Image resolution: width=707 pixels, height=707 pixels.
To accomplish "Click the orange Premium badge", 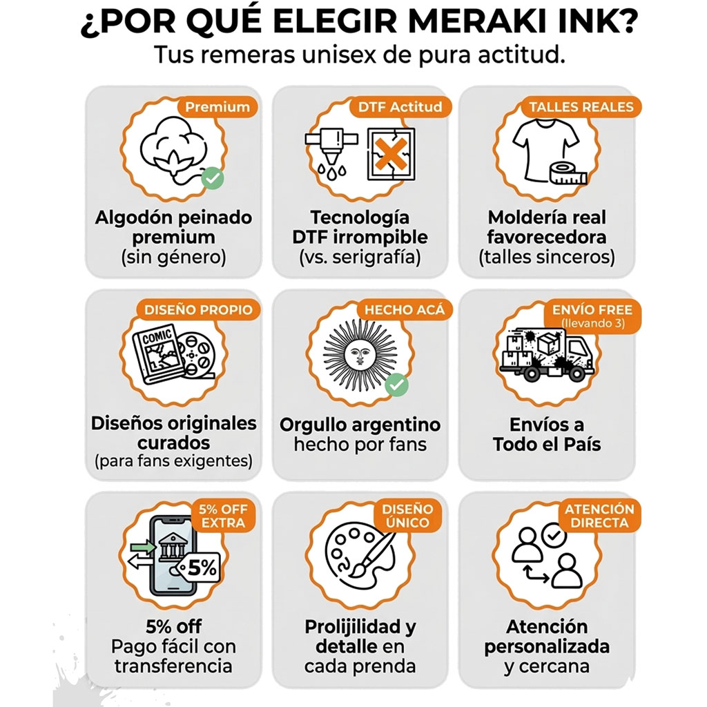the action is tap(217, 107).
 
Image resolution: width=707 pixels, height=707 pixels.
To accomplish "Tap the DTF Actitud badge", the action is tap(400, 107).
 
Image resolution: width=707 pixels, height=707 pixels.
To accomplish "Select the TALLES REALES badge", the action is tap(581, 107).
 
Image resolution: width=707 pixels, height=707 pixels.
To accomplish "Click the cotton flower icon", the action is tap(173, 151).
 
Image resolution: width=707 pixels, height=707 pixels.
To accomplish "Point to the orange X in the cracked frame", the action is tap(391, 154).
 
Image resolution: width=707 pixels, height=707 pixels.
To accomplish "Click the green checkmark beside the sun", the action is tap(397, 385).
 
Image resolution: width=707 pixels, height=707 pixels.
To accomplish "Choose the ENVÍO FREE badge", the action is tap(592, 316).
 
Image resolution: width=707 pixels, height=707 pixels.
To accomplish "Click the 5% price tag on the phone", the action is tap(198, 568).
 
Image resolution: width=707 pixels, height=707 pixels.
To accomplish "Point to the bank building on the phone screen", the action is tap(172, 547).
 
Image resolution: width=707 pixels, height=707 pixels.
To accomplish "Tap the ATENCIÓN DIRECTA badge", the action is tap(599, 516).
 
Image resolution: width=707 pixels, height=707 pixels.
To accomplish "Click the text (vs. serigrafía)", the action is tap(360, 258).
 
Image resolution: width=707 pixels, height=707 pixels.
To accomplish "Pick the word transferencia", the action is tap(173, 666).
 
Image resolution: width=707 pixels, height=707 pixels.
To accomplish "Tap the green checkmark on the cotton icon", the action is tap(213, 178).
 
